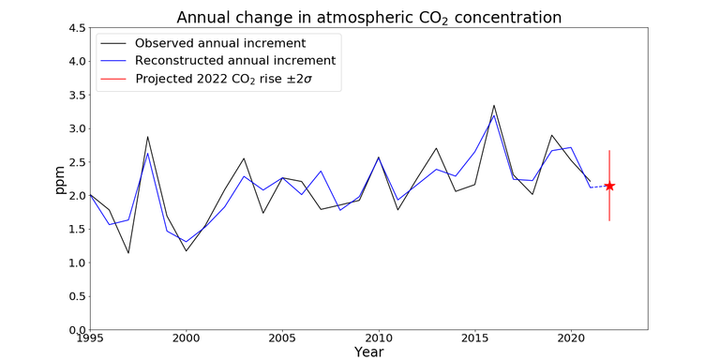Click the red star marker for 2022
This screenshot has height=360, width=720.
[609, 186]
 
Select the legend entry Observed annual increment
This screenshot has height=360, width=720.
[219, 43]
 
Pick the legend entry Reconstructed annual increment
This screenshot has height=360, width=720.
[234, 61]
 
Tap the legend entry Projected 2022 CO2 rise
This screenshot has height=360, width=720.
[223, 79]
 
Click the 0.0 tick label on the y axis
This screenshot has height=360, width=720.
[73, 330]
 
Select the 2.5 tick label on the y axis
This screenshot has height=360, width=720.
[73, 162]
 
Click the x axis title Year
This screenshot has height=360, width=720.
[369, 352]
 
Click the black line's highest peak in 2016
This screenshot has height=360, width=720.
[494, 105]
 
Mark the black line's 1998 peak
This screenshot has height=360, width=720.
[148, 137]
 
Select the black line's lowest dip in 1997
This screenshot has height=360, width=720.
[128, 253]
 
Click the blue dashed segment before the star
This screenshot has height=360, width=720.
[600, 187]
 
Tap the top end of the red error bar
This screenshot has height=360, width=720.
[609, 150]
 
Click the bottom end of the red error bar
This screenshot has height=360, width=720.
[609, 221]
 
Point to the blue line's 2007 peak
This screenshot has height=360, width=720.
[321, 172]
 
